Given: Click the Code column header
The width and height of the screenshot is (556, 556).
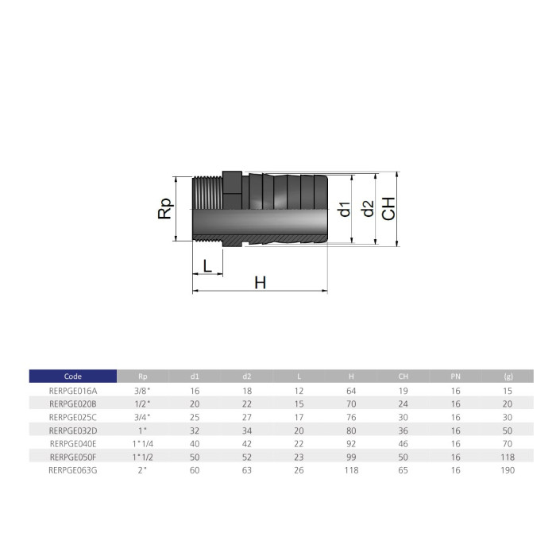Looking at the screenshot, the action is point(73,376).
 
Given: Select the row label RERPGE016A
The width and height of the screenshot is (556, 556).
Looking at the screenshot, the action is point(73,391).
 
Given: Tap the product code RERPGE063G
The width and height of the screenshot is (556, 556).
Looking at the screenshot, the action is point(73,470).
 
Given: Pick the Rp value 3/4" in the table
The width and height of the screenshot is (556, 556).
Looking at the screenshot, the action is point(142,417).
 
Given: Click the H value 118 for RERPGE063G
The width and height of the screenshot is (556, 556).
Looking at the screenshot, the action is point(351,470).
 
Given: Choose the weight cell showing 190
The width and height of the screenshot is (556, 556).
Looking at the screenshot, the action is point(508,470).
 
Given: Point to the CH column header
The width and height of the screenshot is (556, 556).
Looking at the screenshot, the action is point(403,376).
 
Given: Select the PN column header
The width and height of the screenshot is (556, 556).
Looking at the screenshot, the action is point(455,376).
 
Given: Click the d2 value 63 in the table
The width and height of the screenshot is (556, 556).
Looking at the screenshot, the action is point(247,470).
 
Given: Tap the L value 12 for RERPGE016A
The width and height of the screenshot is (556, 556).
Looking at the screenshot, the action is point(299,391).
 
